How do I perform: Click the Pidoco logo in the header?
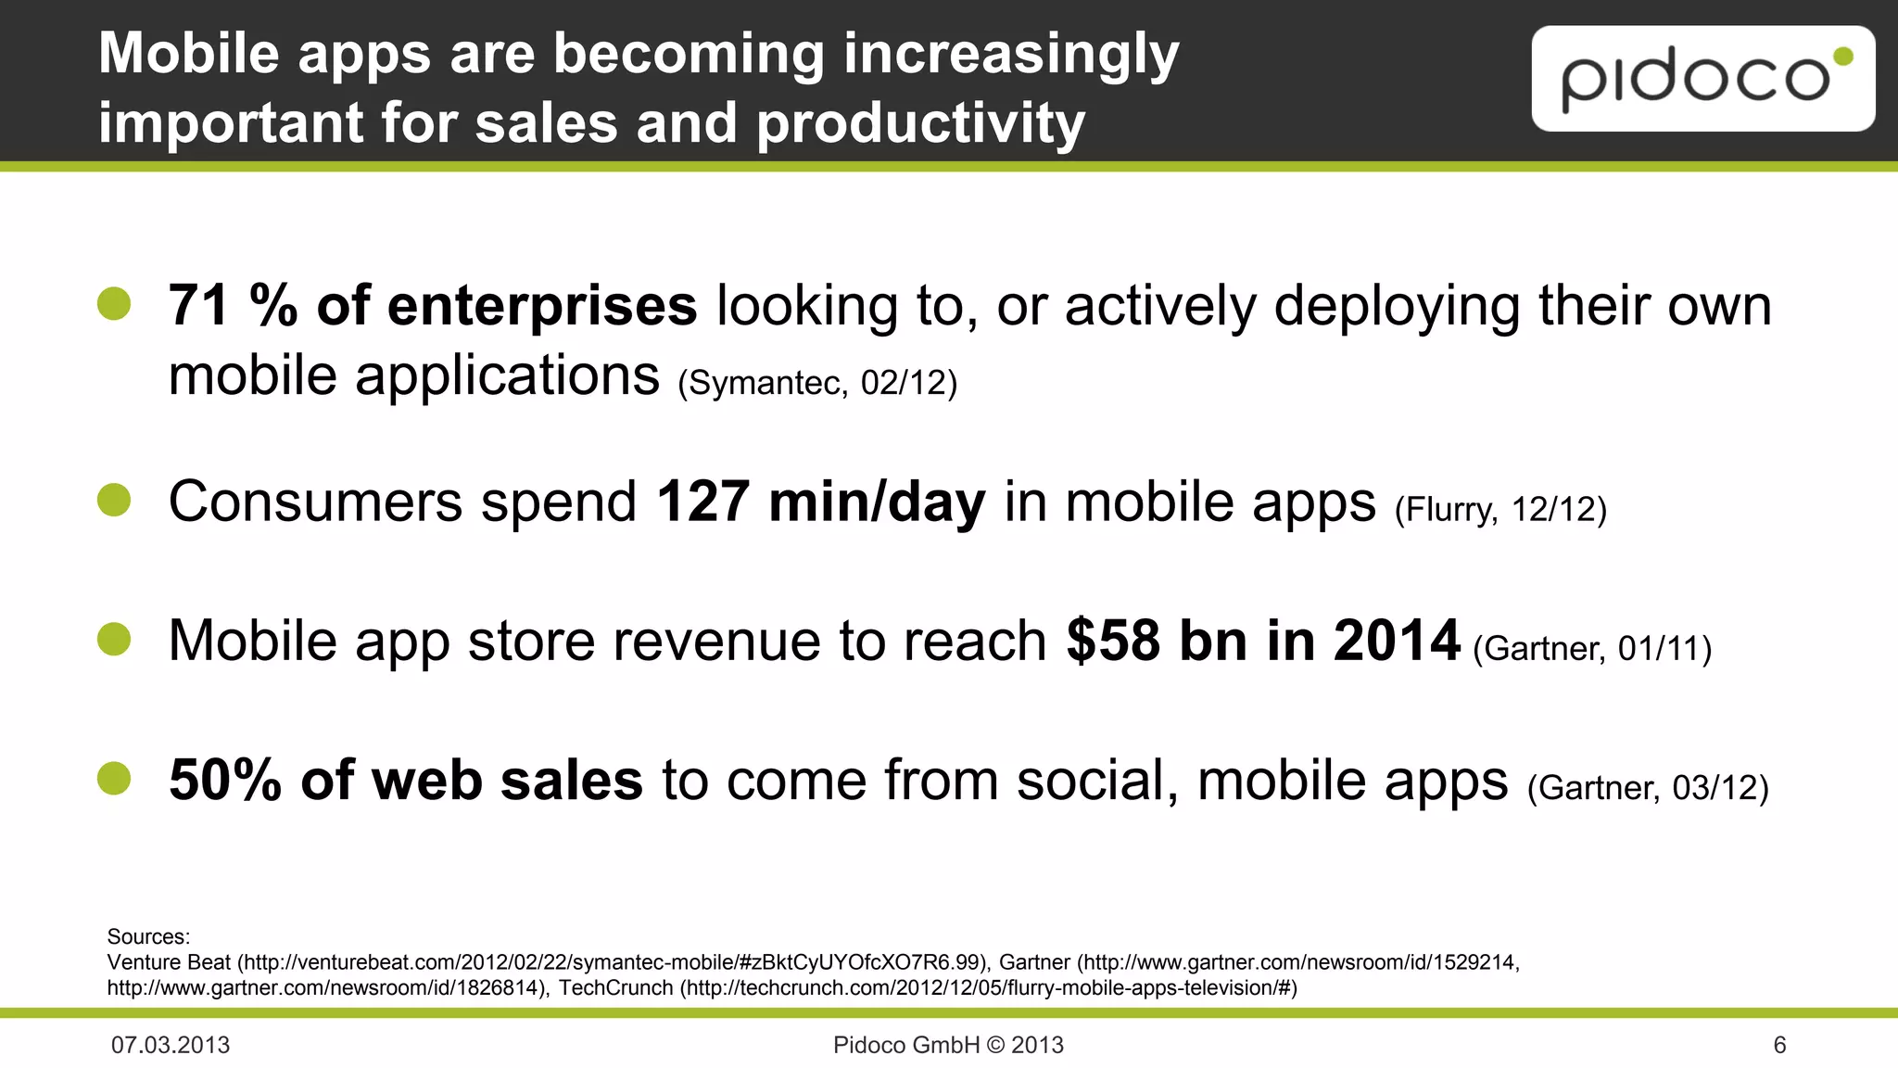[1702, 79]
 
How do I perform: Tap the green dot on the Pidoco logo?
[1843, 57]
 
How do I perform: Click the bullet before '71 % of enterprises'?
[114, 303]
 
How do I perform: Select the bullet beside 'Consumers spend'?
[114, 500]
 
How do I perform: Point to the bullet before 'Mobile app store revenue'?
[114, 639]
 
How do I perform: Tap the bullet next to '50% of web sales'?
[114, 778]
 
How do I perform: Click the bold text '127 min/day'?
[821, 502]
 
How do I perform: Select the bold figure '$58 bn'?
[1158, 641]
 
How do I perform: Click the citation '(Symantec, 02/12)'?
[817, 382]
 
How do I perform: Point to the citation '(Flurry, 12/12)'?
[1500, 509]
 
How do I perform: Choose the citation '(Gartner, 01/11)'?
[1591, 648]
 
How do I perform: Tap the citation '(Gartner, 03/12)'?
[1648, 787]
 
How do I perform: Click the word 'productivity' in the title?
[920, 123]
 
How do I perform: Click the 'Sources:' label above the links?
[148, 936]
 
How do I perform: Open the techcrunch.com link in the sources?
[989, 988]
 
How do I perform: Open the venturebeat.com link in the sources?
[612, 962]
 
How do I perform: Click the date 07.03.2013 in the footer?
[171, 1045]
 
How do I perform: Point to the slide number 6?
[1779, 1045]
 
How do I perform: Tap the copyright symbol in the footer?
[995, 1045]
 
